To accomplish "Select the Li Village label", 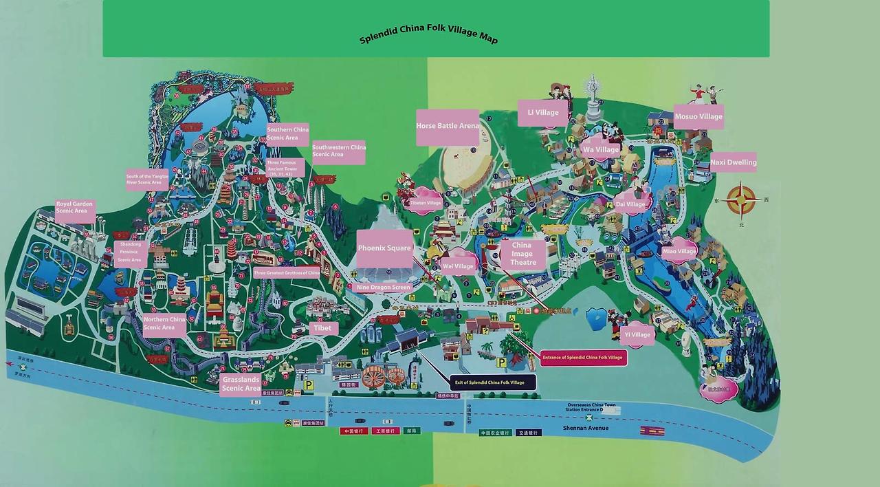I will (x=542, y=113).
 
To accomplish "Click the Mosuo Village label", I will (x=698, y=116).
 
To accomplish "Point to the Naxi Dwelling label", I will (x=733, y=162).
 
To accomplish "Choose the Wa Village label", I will (x=600, y=149).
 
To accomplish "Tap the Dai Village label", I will (x=630, y=204).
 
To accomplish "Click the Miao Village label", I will (x=679, y=251).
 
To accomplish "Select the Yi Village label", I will (x=637, y=335).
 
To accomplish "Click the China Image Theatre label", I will (x=522, y=254).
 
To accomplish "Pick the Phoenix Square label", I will (x=384, y=248).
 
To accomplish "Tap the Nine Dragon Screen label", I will (x=383, y=287).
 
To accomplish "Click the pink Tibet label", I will (x=322, y=328).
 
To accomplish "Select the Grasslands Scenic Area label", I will (x=241, y=384).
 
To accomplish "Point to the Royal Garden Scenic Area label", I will (x=75, y=208).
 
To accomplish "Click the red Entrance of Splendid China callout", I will (x=583, y=358).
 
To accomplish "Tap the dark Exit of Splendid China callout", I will (x=493, y=382).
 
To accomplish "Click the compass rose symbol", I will (x=741, y=201).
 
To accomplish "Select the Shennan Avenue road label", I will (x=585, y=428).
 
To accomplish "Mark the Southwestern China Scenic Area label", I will (x=338, y=151).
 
